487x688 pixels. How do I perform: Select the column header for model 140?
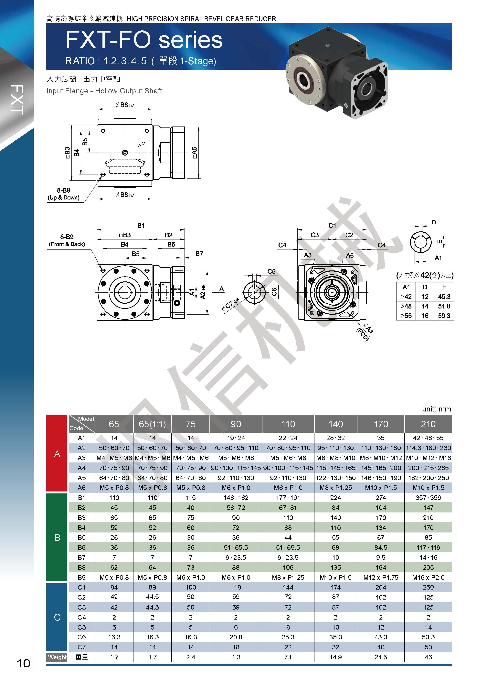(x=336, y=424)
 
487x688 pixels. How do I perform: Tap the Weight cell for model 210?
(x=428, y=657)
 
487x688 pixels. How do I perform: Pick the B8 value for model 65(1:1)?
(x=152, y=568)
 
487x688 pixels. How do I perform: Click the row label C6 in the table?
(x=82, y=637)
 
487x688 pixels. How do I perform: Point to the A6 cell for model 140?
(x=336, y=488)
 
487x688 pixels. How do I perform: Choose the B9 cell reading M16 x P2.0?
(x=428, y=577)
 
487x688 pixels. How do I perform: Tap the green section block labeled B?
(x=57, y=538)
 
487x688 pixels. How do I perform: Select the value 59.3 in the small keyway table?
(x=444, y=316)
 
